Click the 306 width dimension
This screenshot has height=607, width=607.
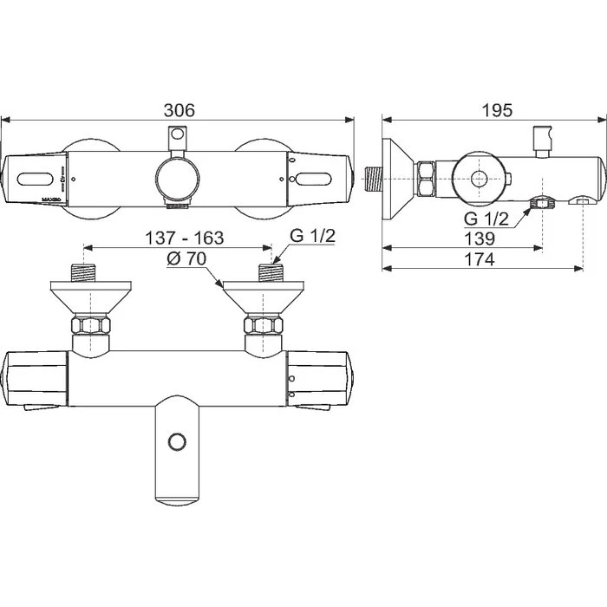coord(179,110)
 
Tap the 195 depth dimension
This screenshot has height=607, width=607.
coord(496,110)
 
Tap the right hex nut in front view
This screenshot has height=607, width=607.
coord(263,328)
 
